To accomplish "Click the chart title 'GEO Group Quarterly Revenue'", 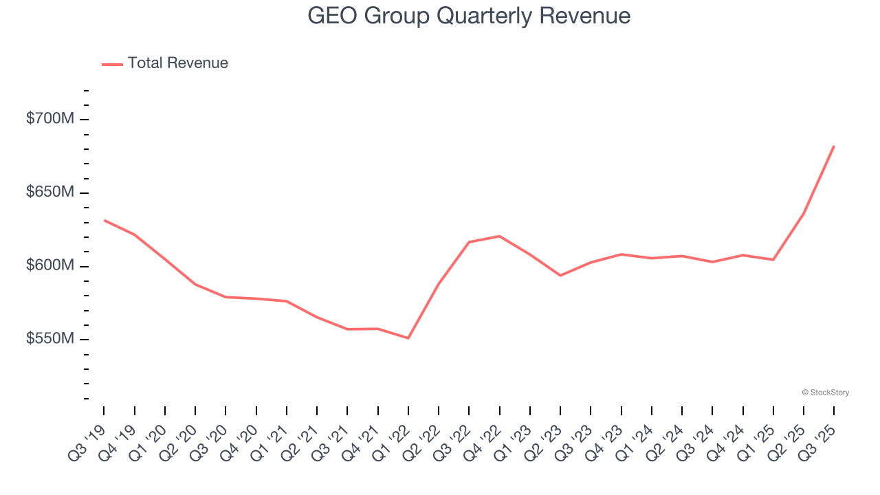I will pyautogui.click(x=469, y=15).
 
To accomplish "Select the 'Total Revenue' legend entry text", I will pyautogui.click(x=177, y=63).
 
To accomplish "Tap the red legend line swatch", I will pyautogui.click(x=112, y=64).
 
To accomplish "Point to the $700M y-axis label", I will pyautogui.click(x=49, y=119).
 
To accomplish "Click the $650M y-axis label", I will pyautogui.click(x=49, y=192).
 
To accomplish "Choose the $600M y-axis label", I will pyautogui.click(x=49, y=266).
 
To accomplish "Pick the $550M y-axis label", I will pyautogui.click(x=49, y=340).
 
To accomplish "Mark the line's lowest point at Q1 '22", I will pyautogui.click(x=408, y=338).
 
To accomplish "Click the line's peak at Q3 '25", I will pyautogui.click(x=834, y=146).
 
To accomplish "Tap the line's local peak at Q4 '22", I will pyautogui.click(x=499, y=236).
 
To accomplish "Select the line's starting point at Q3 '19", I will pyautogui.click(x=104, y=220).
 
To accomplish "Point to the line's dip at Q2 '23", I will pyautogui.click(x=560, y=275).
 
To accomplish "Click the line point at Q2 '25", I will pyautogui.click(x=804, y=213).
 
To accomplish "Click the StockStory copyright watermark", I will pyautogui.click(x=825, y=393).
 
